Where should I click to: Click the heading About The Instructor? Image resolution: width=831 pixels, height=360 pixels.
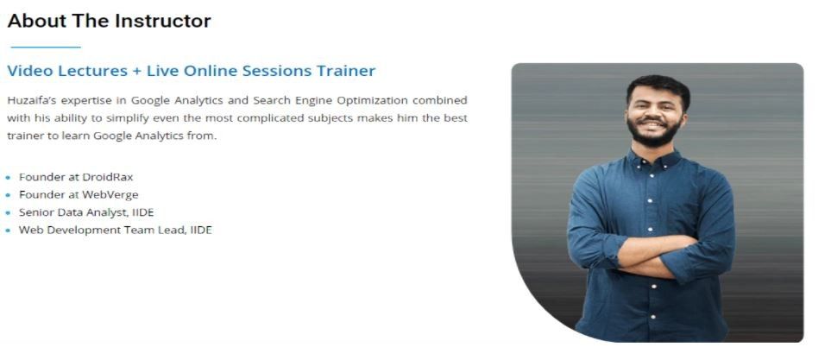[x=109, y=21]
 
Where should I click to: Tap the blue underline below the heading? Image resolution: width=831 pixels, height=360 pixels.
[x=44, y=47]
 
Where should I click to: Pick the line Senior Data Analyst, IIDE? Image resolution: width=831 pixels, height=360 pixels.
[x=86, y=212]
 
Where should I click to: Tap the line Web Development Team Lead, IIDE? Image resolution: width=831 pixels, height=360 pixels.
[x=115, y=230]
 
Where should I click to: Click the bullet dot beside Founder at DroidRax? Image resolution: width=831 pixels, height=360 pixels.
[x=9, y=178]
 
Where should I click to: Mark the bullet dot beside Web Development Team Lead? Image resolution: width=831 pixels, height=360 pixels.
[x=9, y=231]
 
